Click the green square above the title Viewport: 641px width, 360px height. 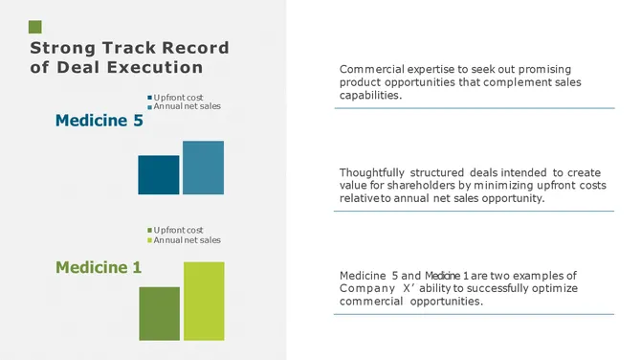pos(35,27)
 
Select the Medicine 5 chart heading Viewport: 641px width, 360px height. pos(99,121)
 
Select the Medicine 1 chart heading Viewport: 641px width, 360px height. pos(98,267)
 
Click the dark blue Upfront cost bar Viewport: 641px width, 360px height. pos(158,174)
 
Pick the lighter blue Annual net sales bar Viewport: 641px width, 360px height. pos(203,168)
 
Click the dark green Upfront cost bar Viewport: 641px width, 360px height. pos(159,313)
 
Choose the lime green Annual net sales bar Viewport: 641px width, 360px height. pos(204,301)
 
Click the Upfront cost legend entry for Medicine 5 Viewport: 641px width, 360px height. pos(178,97)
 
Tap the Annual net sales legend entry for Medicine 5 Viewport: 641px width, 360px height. pos(187,106)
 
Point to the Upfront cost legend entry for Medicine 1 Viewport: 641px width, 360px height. pos(178,231)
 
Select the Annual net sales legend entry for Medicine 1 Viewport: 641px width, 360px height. pos(187,240)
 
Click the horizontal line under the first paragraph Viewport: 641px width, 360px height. pos(474,108)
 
